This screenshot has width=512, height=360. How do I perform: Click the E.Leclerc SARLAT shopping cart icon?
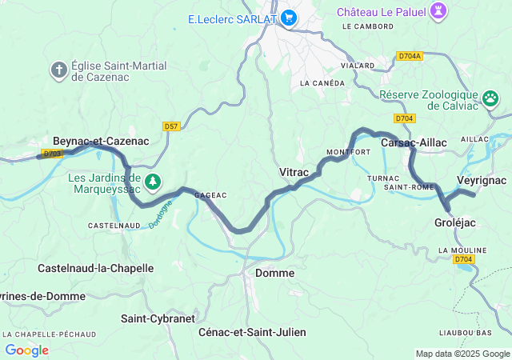click(x=288, y=18)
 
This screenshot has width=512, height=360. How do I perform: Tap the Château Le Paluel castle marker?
click(x=438, y=11)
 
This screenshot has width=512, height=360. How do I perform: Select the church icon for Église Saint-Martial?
click(x=58, y=70)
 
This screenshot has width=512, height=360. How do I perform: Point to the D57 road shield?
click(x=170, y=126)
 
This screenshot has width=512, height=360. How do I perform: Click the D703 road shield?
click(x=53, y=153)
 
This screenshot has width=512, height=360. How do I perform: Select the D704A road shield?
click(x=410, y=57)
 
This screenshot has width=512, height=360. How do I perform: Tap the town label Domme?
click(x=274, y=273)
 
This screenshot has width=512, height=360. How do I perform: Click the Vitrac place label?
click(x=294, y=172)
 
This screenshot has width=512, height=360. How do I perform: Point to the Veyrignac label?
click(x=481, y=180)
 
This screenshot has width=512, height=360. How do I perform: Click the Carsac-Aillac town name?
click(x=414, y=142)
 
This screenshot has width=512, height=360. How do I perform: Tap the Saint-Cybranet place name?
click(x=158, y=318)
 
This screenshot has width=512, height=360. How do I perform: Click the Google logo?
click(x=26, y=350)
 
